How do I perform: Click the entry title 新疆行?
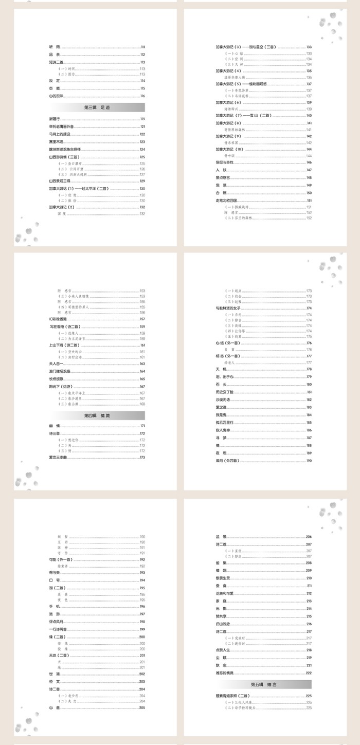[54, 119]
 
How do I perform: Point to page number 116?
[142, 96]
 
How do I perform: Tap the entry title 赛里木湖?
[56, 142]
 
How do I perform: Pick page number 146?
[309, 162]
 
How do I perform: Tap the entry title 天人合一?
[56, 364]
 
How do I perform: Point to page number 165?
[142, 379]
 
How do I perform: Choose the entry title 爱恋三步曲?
[58, 457]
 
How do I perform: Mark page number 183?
[309, 407]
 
